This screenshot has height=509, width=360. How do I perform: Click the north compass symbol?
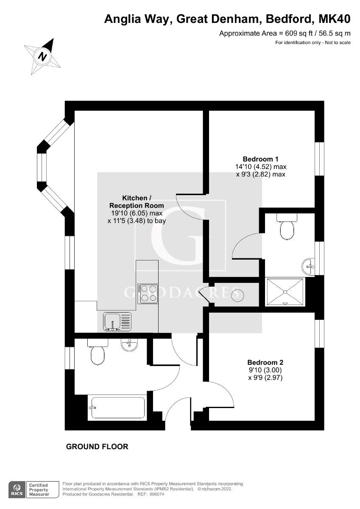coord(42,56)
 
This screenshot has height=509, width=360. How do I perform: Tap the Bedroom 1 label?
coord(260,159)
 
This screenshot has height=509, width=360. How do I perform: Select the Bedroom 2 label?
coord(265,362)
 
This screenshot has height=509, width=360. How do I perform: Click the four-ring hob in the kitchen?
coord(148,293)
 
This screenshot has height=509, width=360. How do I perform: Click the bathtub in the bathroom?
coord(117,407)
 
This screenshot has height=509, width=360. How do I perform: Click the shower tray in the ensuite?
coord(285,292)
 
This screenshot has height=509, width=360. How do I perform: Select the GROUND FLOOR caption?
coord(97,447)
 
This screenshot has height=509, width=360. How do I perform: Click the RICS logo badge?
coord(17,489)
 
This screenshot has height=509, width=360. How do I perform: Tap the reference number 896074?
coord(154,495)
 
